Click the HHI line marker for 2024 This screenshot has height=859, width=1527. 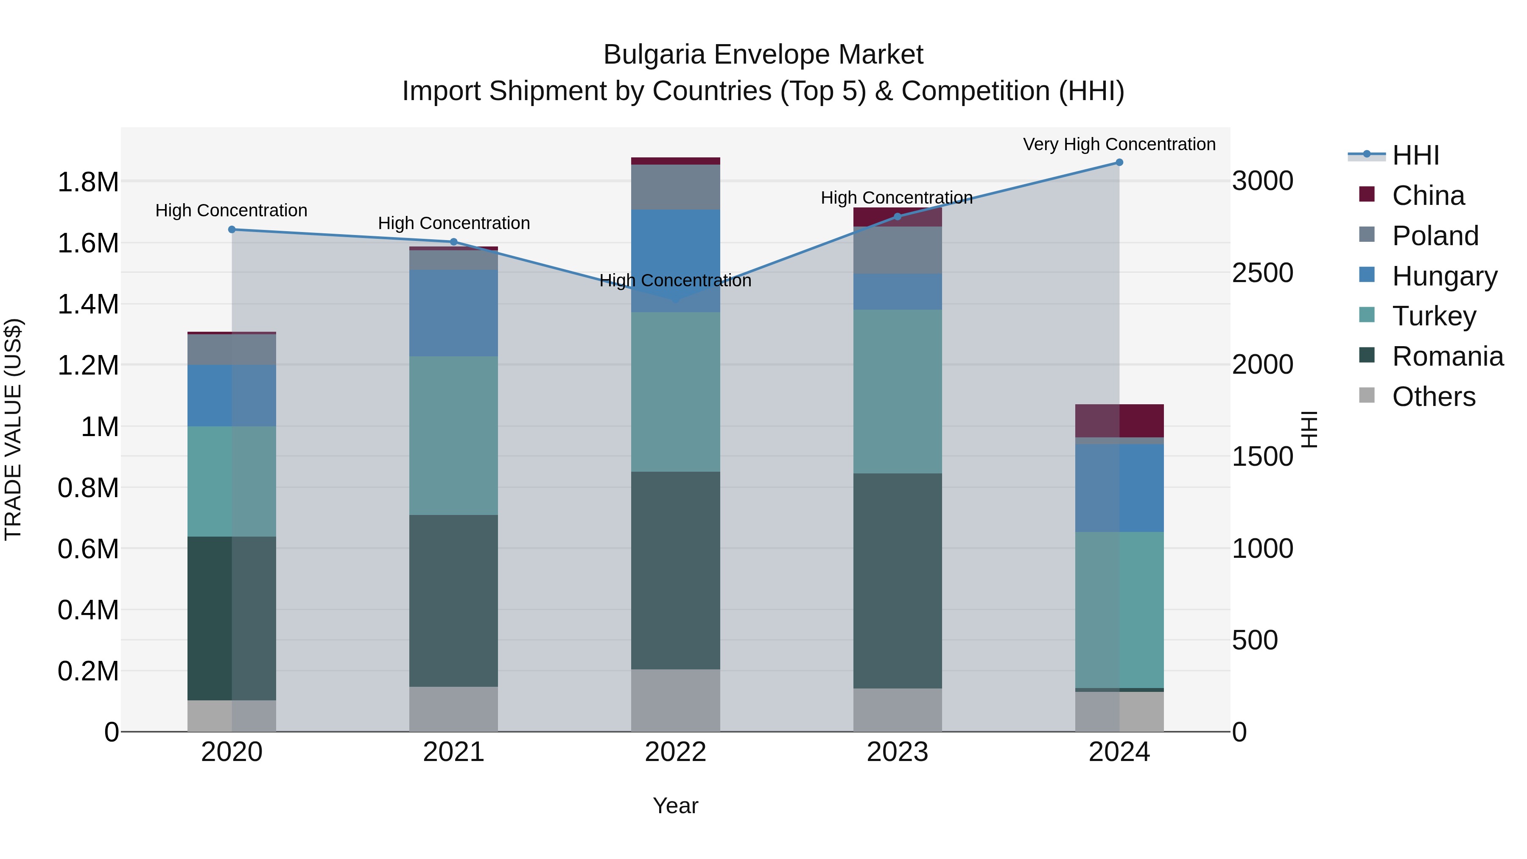pos(1119,162)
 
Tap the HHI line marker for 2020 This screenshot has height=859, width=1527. pos(232,229)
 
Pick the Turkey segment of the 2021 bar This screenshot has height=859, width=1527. pos(453,435)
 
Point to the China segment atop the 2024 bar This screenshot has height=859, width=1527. pos(1119,420)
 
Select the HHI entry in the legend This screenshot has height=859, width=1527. pos(1415,155)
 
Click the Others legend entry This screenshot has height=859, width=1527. pos(1433,397)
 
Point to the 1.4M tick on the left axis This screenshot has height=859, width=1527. pos(88,304)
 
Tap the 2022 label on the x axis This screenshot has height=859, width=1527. pos(675,752)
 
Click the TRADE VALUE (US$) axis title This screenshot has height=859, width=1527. pos(13,429)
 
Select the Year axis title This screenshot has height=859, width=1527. pos(675,806)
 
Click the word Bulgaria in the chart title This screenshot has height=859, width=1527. pos(654,55)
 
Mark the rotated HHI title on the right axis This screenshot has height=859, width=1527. pos(1309,429)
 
